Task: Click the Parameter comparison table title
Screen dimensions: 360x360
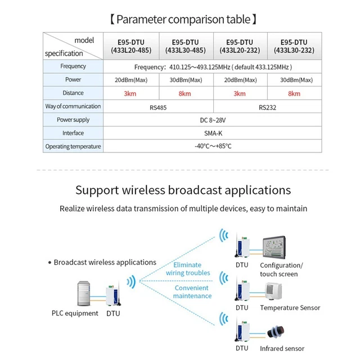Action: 183,20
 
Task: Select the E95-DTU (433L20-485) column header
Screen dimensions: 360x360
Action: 130,46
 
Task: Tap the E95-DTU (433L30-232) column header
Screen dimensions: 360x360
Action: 294,46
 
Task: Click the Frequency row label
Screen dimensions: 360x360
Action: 73,66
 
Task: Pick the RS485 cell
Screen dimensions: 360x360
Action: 158,106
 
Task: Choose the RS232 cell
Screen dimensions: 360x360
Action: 268,106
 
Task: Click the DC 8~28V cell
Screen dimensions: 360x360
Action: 213,120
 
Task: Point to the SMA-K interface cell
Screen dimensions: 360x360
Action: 213,133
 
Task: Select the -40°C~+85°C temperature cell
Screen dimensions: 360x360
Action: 213,146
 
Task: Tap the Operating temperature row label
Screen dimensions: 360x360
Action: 73,147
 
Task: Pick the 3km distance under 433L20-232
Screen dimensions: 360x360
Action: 240,93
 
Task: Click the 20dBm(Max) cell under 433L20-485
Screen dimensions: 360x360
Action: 130,80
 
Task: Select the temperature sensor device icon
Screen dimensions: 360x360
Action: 274,290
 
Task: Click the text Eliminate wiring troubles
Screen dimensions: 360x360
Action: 188,268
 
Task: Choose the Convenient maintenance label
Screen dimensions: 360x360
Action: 192,291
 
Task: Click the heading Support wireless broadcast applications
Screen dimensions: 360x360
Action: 183,190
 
